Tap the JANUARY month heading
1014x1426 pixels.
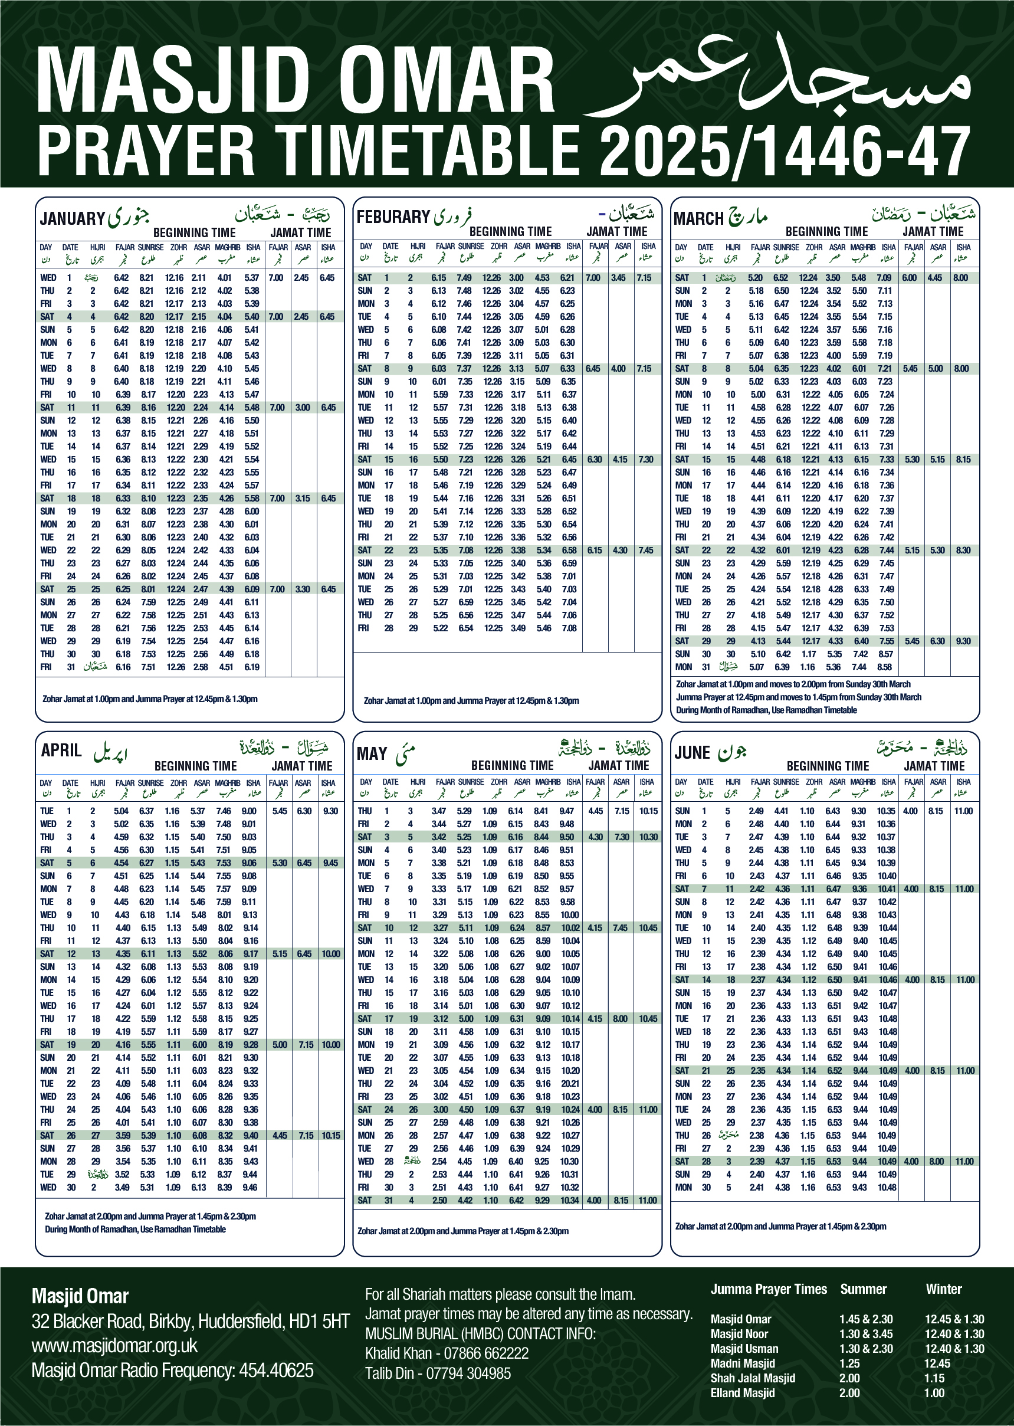click(72, 218)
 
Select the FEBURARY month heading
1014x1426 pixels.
click(393, 217)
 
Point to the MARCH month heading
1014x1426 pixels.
click(698, 218)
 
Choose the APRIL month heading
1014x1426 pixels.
click(61, 750)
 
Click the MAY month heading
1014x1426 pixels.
click(372, 753)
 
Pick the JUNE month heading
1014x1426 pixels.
click(692, 752)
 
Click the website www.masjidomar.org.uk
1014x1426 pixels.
click(114, 1345)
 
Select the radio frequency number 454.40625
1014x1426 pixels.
click(276, 1371)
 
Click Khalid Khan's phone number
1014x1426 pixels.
click(487, 1353)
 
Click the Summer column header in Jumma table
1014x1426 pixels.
click(863, 1289)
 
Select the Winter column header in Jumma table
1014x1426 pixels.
click(943, 1289)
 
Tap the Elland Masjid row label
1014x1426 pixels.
click(743, 1393)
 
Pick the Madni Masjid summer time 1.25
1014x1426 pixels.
click(849, 1363)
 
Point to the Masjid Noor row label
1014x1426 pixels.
click(739, 1334)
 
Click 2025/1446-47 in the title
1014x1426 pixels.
click(784, 150)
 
